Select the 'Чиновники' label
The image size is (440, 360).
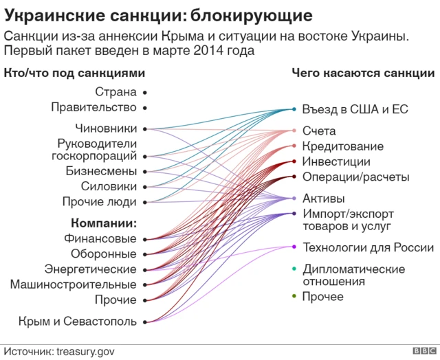point(106,128)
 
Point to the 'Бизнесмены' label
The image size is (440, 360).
point(101,171)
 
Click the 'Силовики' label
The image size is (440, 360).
point(109,186)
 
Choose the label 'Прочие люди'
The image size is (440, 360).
point(99,202)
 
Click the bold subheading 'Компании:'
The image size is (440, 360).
point(103,223)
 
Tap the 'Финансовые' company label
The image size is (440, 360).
point(100,239)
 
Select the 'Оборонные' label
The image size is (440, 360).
point(104,254)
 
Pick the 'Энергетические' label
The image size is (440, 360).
point(90,269)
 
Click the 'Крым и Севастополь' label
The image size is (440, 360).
point(78,321)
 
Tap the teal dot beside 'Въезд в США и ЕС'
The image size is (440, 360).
point(294,109)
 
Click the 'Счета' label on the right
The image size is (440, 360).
point(319,131)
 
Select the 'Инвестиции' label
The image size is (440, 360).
point(336,161)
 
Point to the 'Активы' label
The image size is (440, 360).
point(323,199)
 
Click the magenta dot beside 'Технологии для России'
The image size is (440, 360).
point(294,247)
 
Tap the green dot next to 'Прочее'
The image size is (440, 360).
point(294,296)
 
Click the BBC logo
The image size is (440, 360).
point(422,350)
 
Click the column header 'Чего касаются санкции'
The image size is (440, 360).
point(362,73)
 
